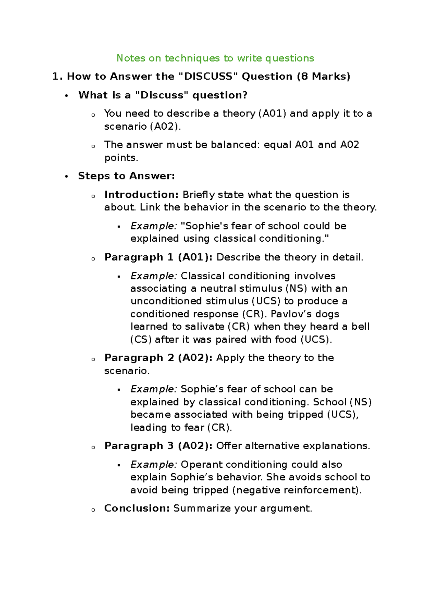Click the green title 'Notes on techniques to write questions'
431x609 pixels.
click(x=215, y=58)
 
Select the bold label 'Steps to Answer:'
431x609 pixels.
click(x=126, y=176)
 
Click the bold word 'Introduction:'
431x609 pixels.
click(x=141, y=195)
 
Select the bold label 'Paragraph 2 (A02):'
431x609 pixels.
click(x=158, y=358)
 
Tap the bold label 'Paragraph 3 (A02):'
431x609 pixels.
click(x=158, y=446)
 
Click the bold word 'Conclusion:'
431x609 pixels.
click(x=136, y=508)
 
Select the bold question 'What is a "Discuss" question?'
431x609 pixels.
click(x=163, y=95)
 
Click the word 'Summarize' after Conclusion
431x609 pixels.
click(x=202, y=508)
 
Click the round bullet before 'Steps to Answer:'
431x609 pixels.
click(x=66, y=176)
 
